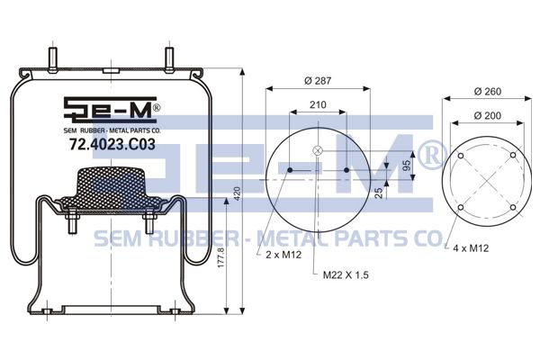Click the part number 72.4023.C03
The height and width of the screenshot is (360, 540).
point(112,144)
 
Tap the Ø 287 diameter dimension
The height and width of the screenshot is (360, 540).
point(318,81)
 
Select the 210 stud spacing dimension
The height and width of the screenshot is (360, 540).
point(318,104)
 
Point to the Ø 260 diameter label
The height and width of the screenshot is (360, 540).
point(487,91)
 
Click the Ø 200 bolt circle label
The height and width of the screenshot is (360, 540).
point(487,115)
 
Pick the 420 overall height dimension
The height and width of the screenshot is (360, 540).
point(237,194)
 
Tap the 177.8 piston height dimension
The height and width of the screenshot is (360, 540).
point(220,257)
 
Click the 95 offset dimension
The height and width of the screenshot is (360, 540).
point(407,166)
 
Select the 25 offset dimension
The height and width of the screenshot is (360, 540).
point(378,193)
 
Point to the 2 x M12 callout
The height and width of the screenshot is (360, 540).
point(283,255)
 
